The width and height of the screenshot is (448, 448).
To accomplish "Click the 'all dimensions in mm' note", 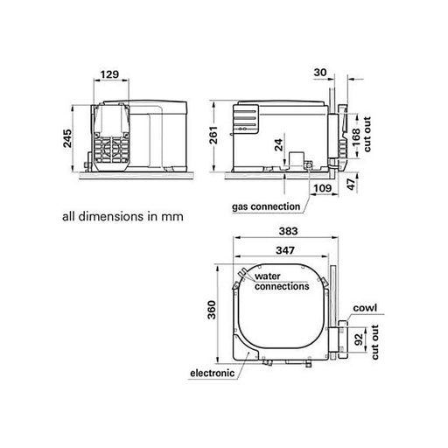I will click(123, 214).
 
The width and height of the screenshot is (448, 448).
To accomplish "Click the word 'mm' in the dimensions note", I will click(175, 214).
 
